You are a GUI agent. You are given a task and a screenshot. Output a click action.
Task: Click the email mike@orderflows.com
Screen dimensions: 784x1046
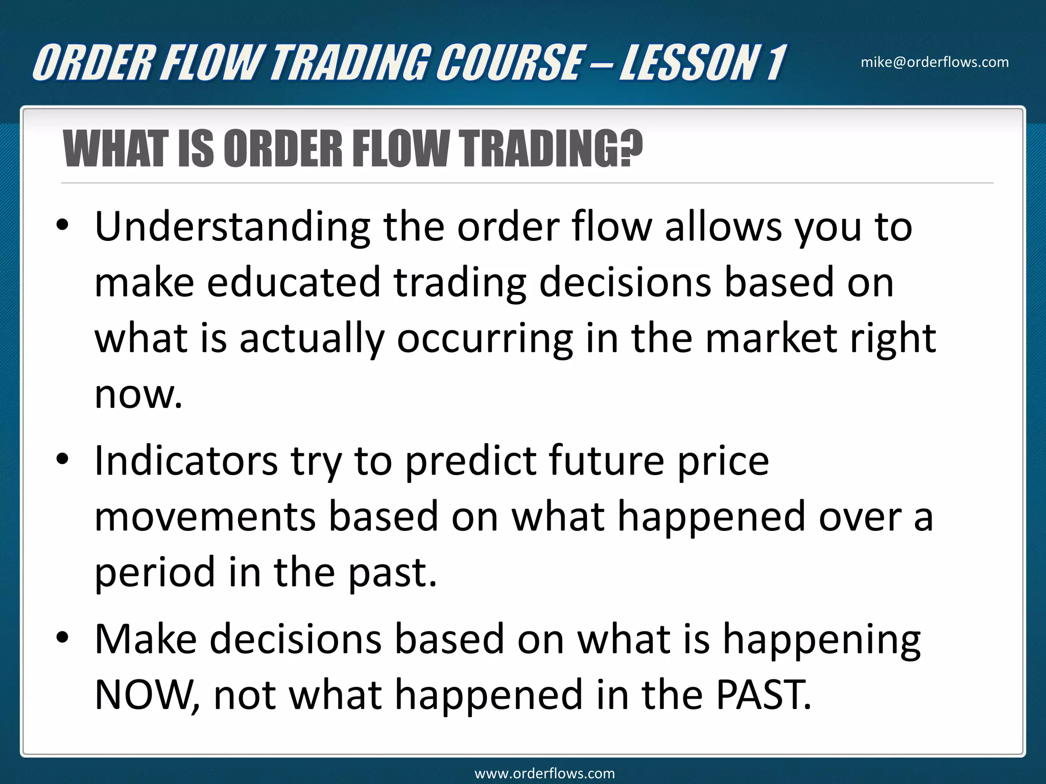(935, 62)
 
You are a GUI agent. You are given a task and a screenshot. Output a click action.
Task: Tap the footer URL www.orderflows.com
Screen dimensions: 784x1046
(544, 773)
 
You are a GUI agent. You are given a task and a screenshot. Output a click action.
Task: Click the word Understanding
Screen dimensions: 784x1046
(232, 227)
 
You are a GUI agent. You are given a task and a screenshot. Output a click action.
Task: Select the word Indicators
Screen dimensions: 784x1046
(186, 460)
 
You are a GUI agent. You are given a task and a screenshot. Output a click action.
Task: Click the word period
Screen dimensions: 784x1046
(155, 573)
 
